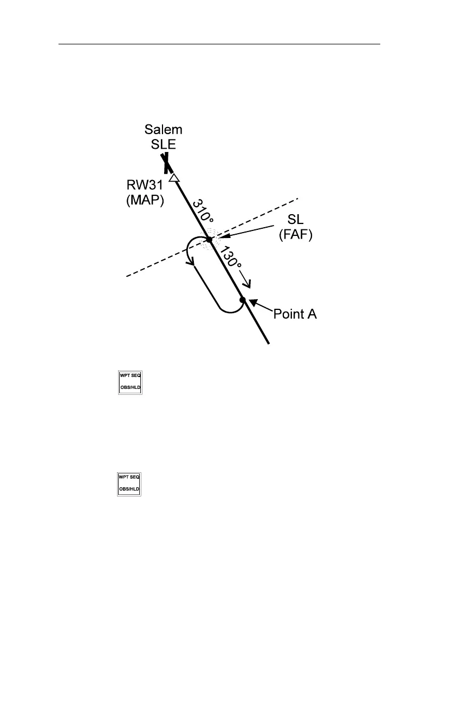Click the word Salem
coord(163,130)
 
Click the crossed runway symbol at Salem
coord(165,163)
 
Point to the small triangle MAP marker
coord(173,178)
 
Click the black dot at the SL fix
coord(209,239)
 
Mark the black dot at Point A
coord(243,300)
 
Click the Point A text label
coord(295,314)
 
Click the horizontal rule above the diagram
coord(219,44)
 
